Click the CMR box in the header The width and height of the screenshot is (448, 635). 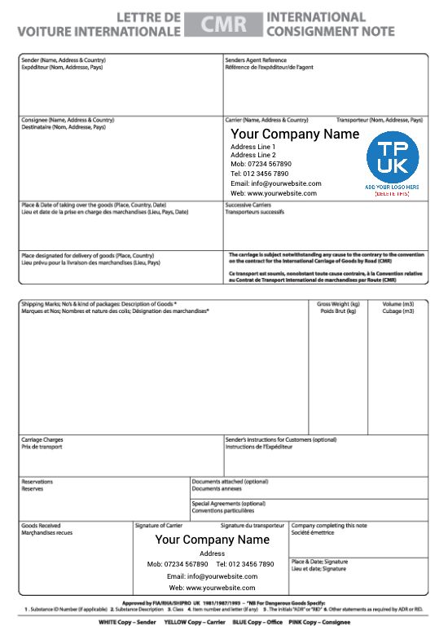(223, 24)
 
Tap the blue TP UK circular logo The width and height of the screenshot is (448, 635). (392, 157)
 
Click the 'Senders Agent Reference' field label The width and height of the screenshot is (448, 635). (256, 60)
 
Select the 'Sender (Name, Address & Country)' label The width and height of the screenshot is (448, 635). (63, 60)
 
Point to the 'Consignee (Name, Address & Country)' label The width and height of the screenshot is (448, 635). (68, 120)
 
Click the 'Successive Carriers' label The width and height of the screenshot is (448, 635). (248, 205)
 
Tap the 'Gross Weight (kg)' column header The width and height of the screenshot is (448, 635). (338, 304)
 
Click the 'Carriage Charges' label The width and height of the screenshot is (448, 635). (42, 440)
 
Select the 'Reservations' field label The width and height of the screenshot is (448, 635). (37, 482)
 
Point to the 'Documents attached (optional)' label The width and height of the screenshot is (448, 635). (230, 482)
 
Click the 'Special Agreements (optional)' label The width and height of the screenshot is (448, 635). (229, 504)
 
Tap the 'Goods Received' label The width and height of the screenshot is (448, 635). (41, 526)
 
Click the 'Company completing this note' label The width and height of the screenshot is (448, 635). (329, 526)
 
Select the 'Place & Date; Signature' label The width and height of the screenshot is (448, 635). (319, 562)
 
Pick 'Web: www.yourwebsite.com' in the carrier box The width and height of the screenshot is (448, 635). (274, 193)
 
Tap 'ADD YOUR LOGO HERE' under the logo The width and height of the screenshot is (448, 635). (392, 187)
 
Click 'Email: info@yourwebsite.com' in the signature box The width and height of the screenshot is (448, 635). (212, 575)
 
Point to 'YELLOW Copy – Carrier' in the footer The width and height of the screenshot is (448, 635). (194, 622)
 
